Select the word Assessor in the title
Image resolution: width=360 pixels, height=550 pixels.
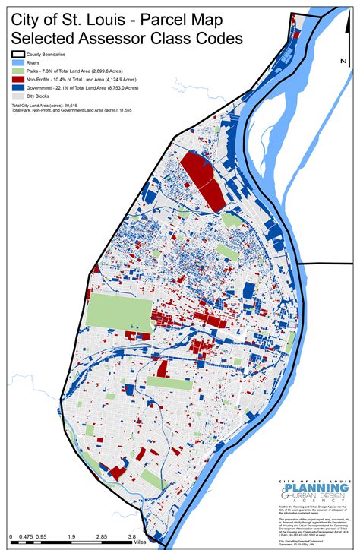(134, 36)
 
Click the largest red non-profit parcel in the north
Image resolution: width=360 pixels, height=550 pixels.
(201, 180)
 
